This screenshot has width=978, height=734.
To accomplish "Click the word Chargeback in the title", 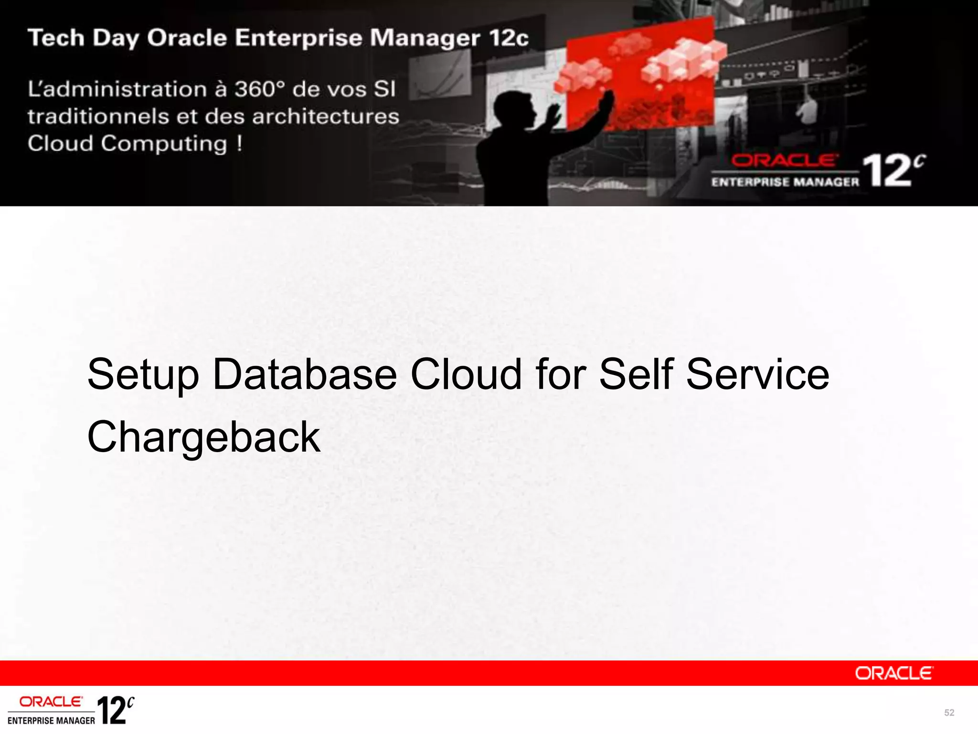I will point(204,437).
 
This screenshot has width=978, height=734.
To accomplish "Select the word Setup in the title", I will point(143,375).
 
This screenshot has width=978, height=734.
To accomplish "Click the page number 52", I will point(949,712).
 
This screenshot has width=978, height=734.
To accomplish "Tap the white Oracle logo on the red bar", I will point(893,673).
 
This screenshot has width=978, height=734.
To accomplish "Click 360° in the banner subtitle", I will point(259,89).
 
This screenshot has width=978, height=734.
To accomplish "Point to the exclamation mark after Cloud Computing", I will point(239,143).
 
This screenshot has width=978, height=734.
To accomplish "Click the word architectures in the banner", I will point(326,117).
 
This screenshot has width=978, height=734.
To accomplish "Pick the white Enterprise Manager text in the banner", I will point(785,182).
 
